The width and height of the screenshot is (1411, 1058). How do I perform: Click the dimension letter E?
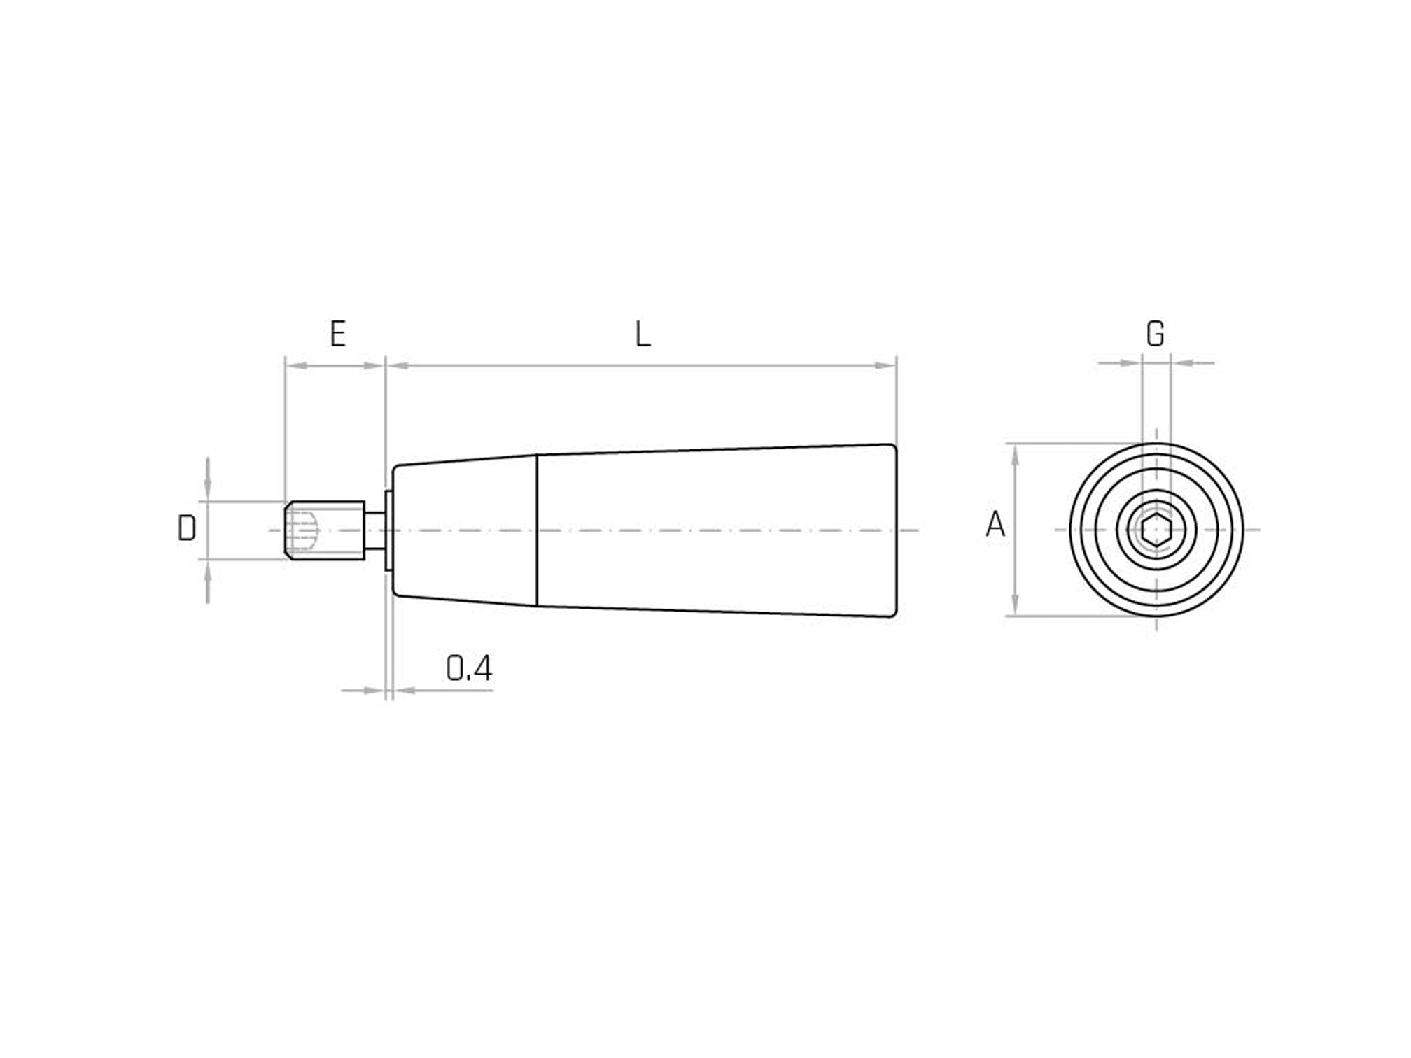(338, 334)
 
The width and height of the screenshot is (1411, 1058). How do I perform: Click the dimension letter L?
(643, 334)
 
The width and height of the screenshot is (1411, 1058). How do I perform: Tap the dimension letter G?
(1155, 334)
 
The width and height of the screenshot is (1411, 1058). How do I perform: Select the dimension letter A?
(995, 525)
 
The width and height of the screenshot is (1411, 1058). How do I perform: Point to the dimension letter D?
(186, 529)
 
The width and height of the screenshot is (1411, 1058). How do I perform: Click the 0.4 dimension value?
(469, 669)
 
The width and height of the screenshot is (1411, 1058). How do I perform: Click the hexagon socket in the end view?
(1156, 530)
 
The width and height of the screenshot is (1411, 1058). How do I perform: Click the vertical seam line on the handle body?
(537, 530)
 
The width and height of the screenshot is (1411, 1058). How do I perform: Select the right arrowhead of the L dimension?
(886, 365)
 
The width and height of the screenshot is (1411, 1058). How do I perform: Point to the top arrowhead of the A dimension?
(1016, 454)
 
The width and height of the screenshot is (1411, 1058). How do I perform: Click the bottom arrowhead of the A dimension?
(1016, 606)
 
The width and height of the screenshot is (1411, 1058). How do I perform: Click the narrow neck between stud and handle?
(374, 530)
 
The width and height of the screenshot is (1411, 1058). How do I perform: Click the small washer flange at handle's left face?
(388, 530)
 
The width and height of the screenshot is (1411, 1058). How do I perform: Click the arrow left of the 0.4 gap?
(375, 691)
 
